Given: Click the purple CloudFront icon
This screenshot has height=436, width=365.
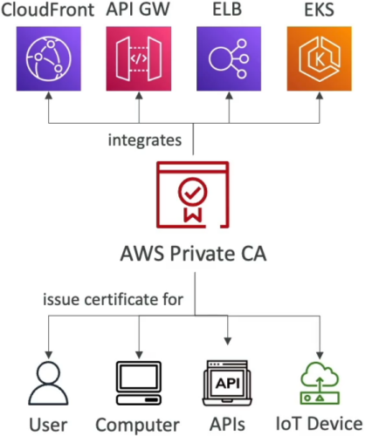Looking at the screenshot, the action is (49, 58).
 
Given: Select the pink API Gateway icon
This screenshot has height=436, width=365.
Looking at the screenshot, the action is (139, 58).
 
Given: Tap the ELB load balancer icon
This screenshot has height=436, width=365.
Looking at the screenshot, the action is (229, 58).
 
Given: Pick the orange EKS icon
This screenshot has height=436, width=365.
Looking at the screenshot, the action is (320, 58).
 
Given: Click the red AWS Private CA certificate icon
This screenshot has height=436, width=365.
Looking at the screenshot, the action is (193, 194).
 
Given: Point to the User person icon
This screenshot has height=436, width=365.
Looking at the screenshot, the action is (48, 384).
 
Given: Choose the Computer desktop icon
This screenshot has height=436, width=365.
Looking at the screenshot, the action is (139, 383).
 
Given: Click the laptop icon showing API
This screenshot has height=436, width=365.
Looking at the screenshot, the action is (227, 383).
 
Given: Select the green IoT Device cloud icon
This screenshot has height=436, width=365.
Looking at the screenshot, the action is (320, 383).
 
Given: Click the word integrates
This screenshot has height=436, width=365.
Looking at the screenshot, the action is (145, 140).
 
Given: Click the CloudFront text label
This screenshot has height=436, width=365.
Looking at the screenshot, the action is (48, 10).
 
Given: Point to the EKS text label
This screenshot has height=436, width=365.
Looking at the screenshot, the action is (319, 10).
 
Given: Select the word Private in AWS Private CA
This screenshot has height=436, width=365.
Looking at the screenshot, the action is (203, 254).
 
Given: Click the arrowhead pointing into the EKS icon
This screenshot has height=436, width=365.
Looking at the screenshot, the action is (320, 96).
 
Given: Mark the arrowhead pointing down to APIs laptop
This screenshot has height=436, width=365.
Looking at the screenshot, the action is (228, 341).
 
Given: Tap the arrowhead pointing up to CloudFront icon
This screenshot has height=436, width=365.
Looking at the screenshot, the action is (49, 96).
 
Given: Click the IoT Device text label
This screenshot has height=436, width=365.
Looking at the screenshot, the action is (319, 424).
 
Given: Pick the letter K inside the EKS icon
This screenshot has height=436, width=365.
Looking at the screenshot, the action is (320, 59).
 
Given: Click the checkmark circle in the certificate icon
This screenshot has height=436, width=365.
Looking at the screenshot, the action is (193, 192).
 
